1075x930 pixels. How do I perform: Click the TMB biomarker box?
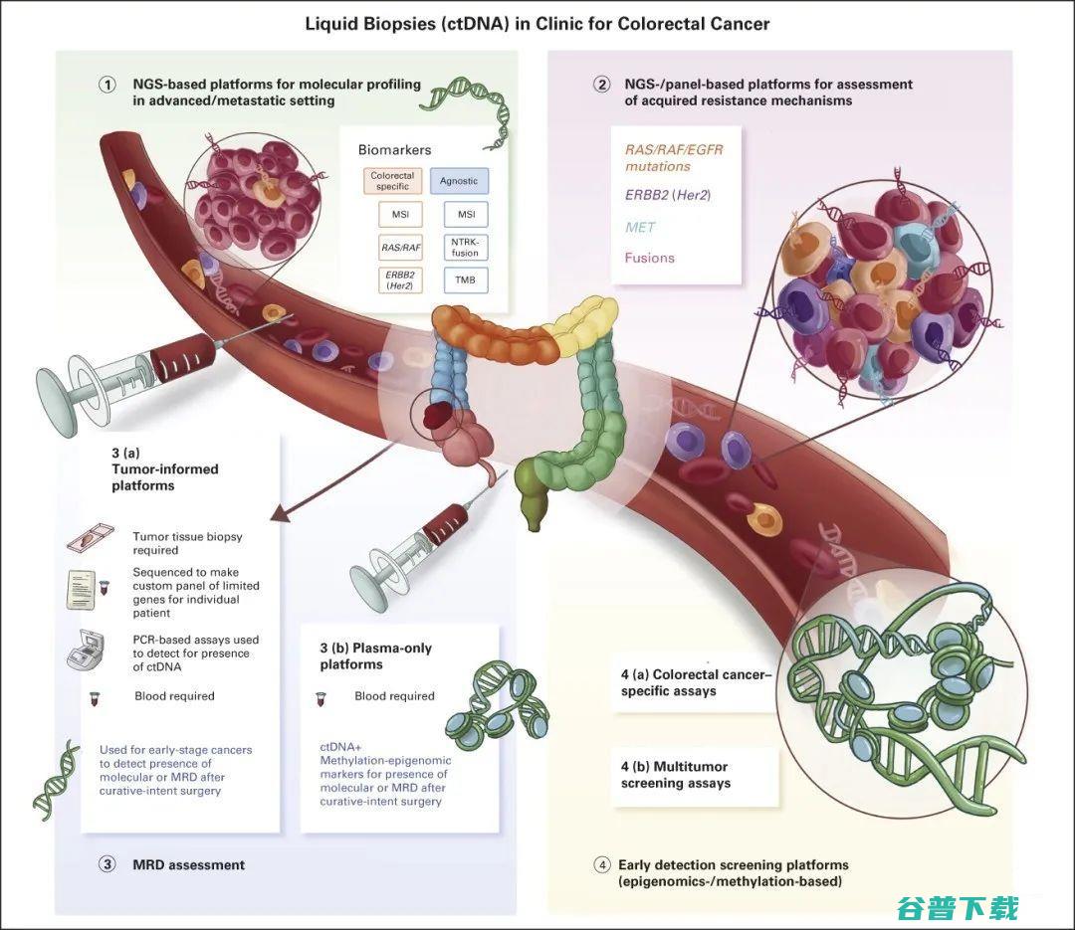click(466, 280)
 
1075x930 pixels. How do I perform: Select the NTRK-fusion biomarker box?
click(466, 246)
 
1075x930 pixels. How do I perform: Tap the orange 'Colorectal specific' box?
click(392, 181)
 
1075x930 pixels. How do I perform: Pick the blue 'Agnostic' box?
click(459, 181)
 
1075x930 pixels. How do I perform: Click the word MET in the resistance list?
click(640, 227)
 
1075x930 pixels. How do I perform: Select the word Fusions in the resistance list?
click(649, 258)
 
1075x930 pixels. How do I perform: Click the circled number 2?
click(601, 85)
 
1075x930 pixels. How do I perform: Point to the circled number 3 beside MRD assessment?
click(107, 864)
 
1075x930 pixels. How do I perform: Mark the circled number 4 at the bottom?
click(601, 865)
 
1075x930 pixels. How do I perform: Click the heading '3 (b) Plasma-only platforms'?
click(375, 655)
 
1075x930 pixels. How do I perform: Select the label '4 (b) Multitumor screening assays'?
click(675, 775)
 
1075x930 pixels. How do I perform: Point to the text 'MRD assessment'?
click(188, 864)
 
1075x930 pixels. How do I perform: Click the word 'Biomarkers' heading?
click(394, 150)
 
